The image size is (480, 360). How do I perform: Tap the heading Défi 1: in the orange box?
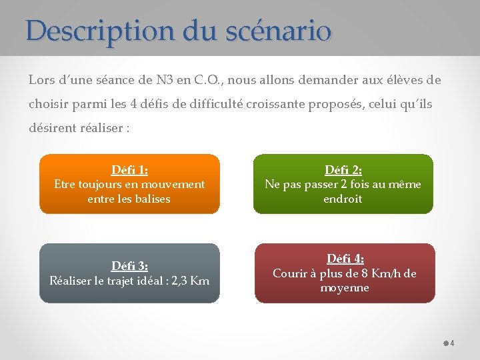coord(129,170)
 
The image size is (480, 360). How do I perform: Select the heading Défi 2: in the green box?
coord(343,170)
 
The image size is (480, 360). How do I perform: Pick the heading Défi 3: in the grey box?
coord(129,267)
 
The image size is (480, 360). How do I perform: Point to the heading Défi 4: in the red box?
coord(345,259)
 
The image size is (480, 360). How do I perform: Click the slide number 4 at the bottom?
coord(452,343)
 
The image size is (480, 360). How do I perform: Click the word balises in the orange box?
coord(152,199)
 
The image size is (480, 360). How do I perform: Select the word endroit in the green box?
coord(343,199)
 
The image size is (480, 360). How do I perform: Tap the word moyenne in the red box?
coord(345,288)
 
